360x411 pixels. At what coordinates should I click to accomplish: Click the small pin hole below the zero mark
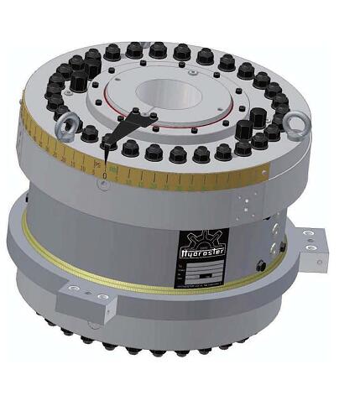tap(102, 185)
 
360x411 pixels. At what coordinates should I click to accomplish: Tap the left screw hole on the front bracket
tap(74, 288)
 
